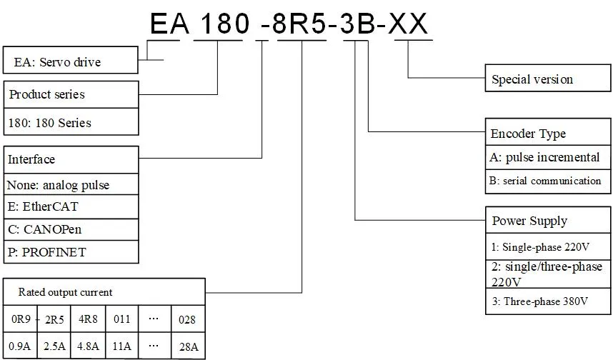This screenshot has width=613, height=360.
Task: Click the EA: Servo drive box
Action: tap(70, 61)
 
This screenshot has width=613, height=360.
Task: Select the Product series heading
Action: tap(71, 94)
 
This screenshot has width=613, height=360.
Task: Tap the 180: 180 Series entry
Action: tap(71, 122)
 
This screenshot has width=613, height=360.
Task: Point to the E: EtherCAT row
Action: tap(71, 206)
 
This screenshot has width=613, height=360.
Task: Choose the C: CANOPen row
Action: tap(71, 229)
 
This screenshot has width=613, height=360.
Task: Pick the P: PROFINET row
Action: tap(71, 252)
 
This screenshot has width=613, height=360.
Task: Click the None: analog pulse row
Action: tap(71, 184)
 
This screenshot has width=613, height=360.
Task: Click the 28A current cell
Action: tap(188, 347)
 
